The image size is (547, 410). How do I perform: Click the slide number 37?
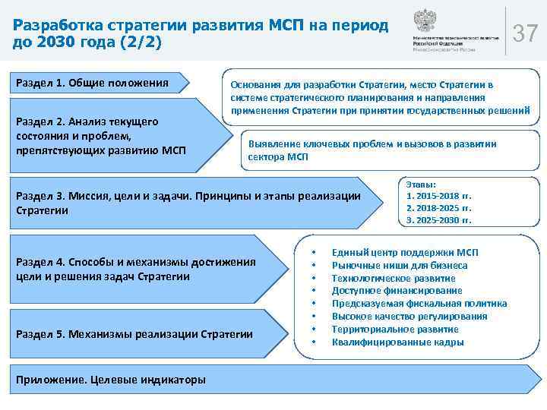526,33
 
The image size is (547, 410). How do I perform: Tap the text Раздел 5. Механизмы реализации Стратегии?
134,334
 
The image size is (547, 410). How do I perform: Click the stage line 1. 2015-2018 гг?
439,195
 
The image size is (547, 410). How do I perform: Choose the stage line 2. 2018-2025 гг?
439,207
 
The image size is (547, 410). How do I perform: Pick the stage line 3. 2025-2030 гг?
439,220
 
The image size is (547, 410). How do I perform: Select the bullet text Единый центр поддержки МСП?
405,253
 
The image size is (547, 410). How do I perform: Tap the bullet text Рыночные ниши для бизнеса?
400,266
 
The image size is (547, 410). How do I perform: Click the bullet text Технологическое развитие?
394,279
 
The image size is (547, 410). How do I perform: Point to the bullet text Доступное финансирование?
397,291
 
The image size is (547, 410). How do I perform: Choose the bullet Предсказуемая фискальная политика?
419,304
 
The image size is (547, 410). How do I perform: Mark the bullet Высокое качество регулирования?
409,317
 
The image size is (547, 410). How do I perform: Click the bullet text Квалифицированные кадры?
397,342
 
